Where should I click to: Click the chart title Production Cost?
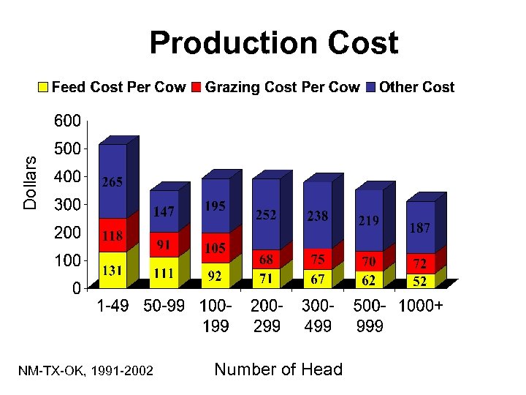pyautogui.click(x=274, y=43)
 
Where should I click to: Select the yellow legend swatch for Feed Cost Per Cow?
pyautogui.click(x=43, y=88)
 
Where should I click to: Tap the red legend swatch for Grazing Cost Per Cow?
pyautogui.click(x=197, y=88)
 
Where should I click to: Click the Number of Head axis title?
pyautogui.click(x=278, y=369)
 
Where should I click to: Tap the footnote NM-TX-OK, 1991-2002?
pyautogui.click(x=85, y=372)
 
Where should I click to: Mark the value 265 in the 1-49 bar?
pyautogui.click(x=112, y=182)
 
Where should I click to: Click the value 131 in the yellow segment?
pyautogui.click(x=112, y=270)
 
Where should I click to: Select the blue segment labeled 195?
pyautogui.click(x=215, y=207)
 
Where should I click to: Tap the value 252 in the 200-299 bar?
pyautogui.click(x=266, y=215)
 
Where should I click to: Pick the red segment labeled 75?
pyautogui.click(x=317, y=258)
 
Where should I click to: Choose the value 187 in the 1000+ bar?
pyautogui.click(x=419, y=227)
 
